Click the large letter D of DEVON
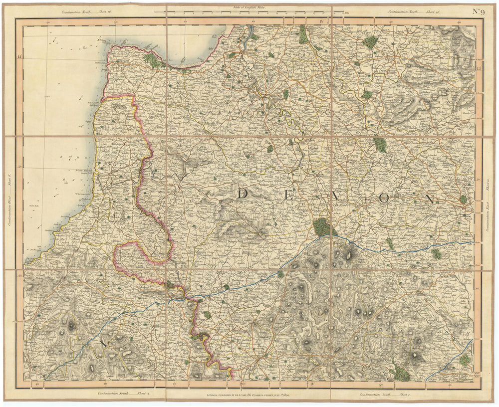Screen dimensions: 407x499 click(x=245, y=194)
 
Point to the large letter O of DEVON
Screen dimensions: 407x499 click(x=384, y=198)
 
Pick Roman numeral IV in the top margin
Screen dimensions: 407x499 click(x=323, y=21)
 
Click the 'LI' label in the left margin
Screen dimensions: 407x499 click(x=20, y=58)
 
